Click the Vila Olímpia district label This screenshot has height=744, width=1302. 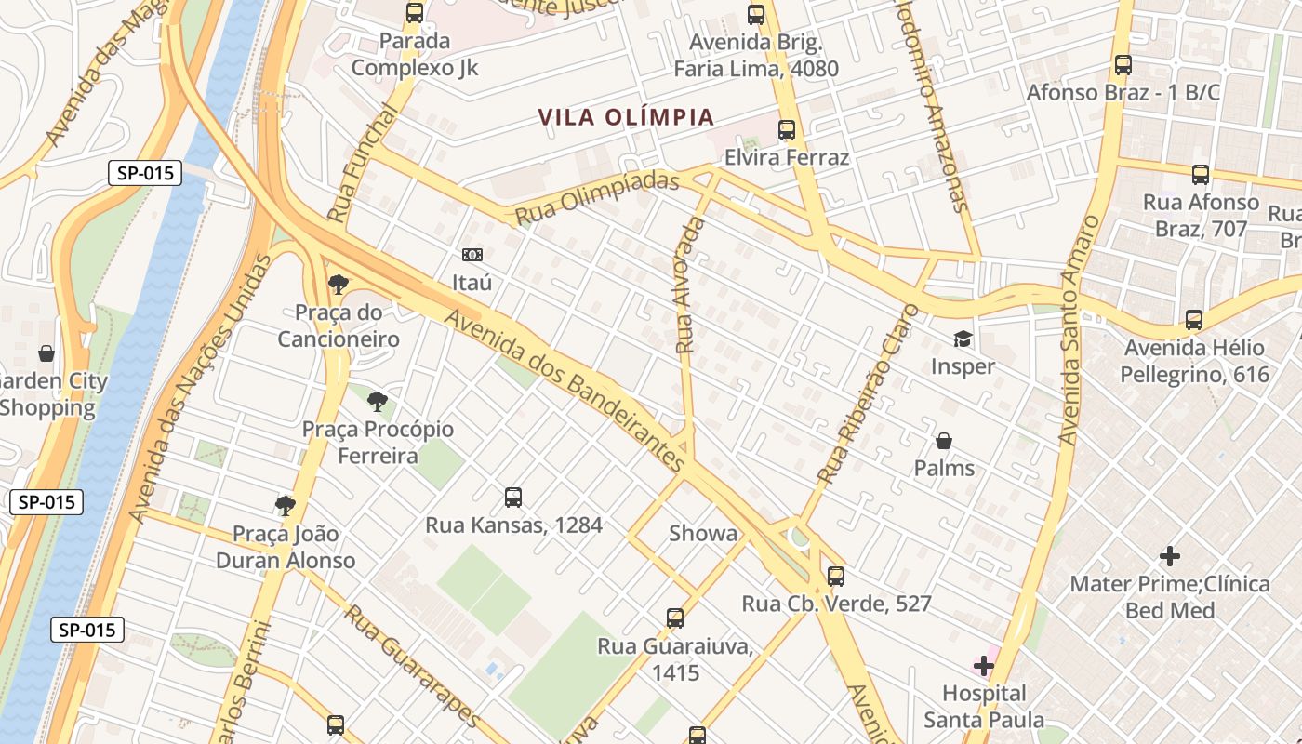pos(626,117)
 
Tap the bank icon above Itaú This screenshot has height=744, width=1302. pos(472,255)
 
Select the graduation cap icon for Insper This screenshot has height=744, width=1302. pos(963,339)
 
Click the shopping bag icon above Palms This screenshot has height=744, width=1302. pos(944,441)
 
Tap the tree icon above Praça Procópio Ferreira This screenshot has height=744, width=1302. pos(378,402)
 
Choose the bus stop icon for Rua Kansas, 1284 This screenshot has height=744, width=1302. pos(513,498)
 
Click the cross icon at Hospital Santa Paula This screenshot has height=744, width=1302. pos(984,666)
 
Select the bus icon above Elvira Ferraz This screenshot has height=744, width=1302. pos(787,130)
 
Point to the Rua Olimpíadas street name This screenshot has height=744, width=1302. pos(597,197)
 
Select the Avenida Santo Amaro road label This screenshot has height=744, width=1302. pos(1079,330)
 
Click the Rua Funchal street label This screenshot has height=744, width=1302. pos(363,163)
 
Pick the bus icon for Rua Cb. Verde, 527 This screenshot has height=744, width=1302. pos(836,577)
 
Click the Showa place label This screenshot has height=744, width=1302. pos(703,534)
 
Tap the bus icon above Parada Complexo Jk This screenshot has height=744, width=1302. pos(415,14)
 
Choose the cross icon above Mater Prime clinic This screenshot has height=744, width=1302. pos(1170,557)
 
